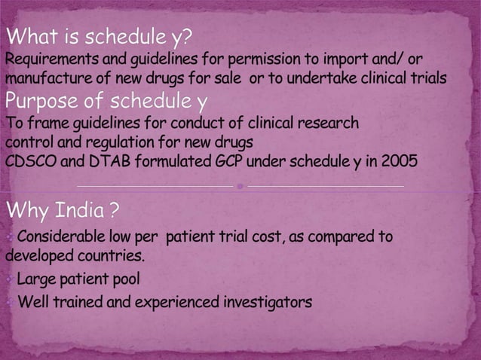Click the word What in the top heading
tap(35, 35)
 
